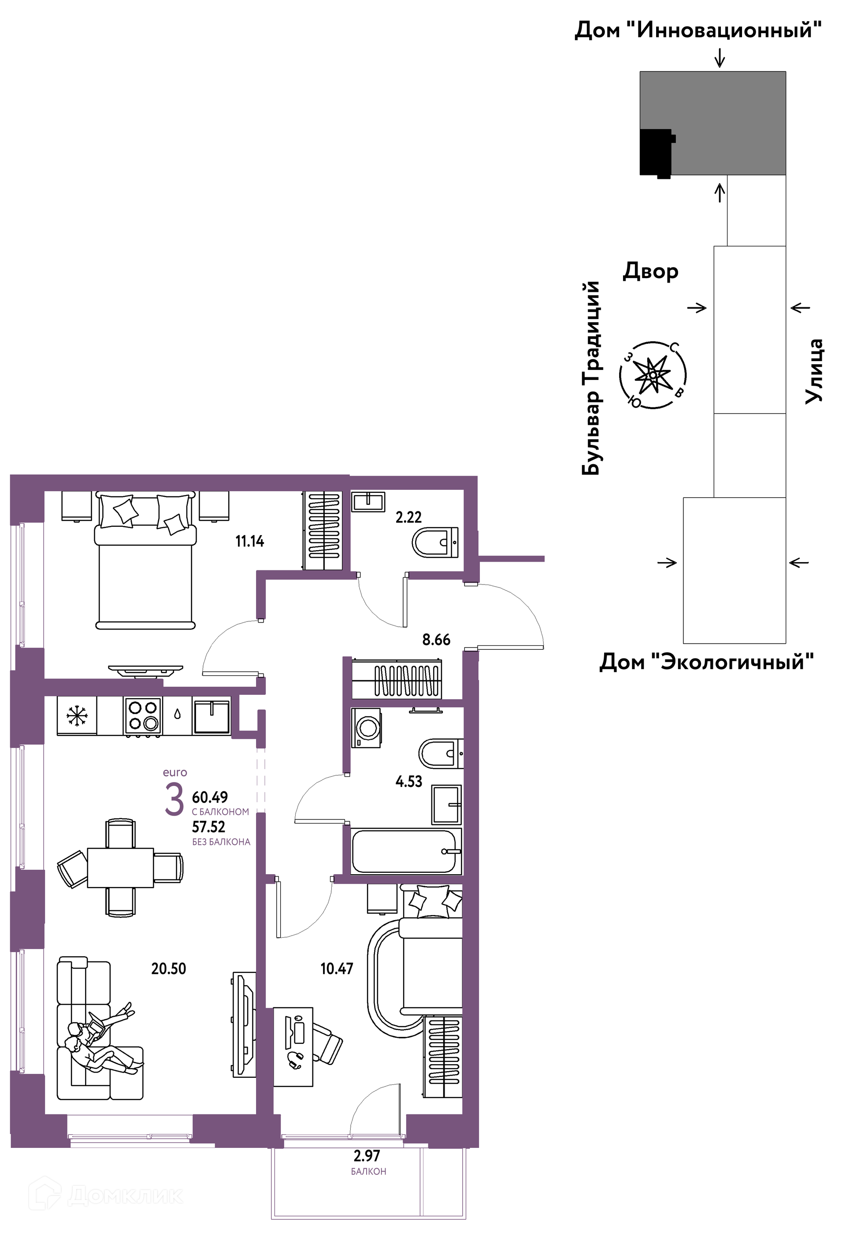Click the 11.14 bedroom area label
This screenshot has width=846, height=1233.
249,541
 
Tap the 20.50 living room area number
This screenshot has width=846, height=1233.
169,969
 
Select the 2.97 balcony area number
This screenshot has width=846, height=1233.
367,1155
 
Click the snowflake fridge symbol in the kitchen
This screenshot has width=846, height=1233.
77,716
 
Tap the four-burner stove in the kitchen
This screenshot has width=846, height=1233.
143,716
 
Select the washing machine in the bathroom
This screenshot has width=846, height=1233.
367,728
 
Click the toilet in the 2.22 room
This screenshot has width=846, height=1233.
435,542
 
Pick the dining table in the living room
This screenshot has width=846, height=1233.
120,868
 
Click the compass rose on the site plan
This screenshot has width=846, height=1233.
653,375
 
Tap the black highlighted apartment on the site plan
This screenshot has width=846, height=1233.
657,153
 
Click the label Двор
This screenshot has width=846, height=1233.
650,271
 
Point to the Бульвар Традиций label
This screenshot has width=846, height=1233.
591,378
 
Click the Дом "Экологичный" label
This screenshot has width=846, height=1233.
706,662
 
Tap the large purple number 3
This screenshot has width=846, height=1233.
174,800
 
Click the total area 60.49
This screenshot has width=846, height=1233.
210,797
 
